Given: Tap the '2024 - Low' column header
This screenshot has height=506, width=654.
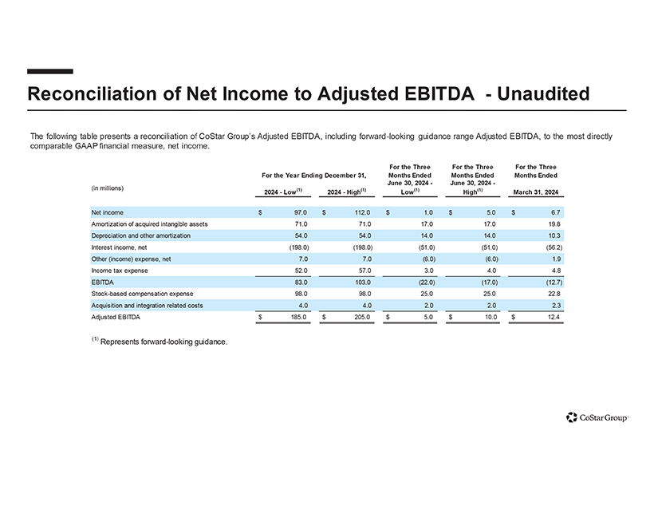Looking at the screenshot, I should tap(281, 192).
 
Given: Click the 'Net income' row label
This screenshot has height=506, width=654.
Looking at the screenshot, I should tap(107, 212).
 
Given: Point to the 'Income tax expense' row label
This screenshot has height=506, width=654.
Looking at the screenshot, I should tap(120, 271).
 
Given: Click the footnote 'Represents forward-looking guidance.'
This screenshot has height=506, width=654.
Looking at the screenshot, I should tap(163, 342).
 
